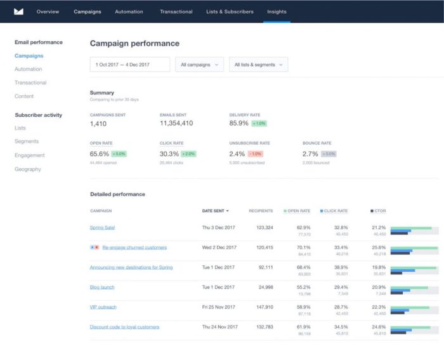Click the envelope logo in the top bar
pos(19,11)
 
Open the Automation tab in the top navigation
pos(129,12)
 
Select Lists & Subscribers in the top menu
pos(230,12)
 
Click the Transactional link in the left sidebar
pos(30,83)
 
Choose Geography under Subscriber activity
pos(28,169)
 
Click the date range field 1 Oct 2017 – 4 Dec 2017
pos(130,64)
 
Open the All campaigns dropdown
pos(199,64)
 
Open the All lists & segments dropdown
pos(258,64)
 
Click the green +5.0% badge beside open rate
pos(120,154)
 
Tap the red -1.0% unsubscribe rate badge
pos(256,154)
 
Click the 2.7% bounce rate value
pos(310,154)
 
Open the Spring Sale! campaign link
pos(103,227)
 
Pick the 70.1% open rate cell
pos(303,247)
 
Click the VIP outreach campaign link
pos(103,307)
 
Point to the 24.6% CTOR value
pos(379,327)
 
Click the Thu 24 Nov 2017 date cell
pos(219,327)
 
